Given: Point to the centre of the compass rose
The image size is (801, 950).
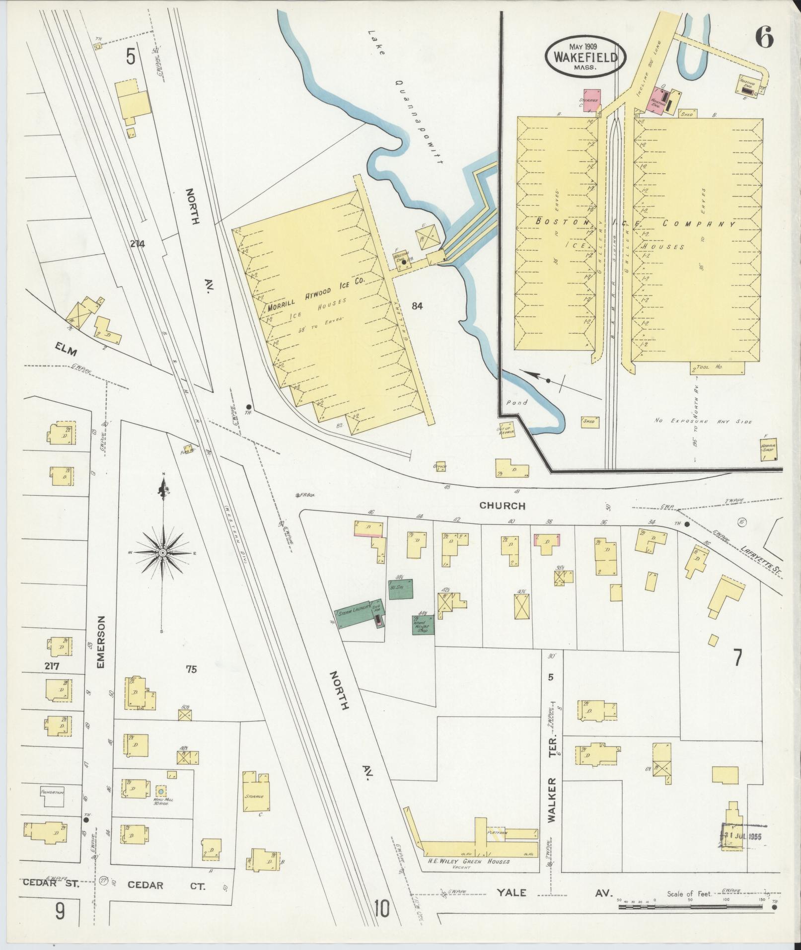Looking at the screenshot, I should (x=162, y=553).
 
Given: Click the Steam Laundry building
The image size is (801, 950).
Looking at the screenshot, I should (x=355, y=617).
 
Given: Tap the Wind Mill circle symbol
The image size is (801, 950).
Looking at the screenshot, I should (x=160, y=803).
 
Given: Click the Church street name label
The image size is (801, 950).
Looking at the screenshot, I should (x=502, y=506).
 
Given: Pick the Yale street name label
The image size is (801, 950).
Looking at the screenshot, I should (x=512, y=892).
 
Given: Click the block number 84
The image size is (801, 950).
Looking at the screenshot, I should (x=417, y=306).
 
